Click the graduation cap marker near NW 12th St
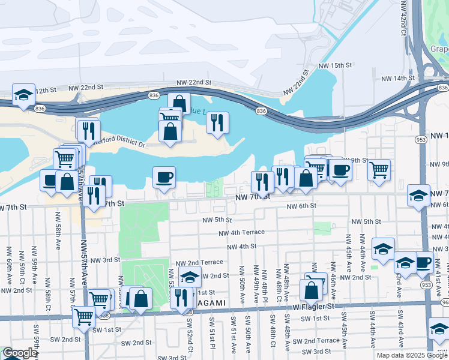[23, 95]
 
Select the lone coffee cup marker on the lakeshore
[164, 177]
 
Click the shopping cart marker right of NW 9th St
[379, 170]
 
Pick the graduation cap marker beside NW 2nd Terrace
[190, 276]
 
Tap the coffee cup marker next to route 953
[423, 262]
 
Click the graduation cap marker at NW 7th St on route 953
[418, 195]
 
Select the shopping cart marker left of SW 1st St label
[83, 316]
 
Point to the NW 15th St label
[334, 65]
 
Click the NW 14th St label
[391, 78]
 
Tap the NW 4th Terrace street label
[241, 233]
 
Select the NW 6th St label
[301, 206]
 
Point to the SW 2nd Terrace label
[320, 340]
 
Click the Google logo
[19, 353]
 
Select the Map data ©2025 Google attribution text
[411, 355]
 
